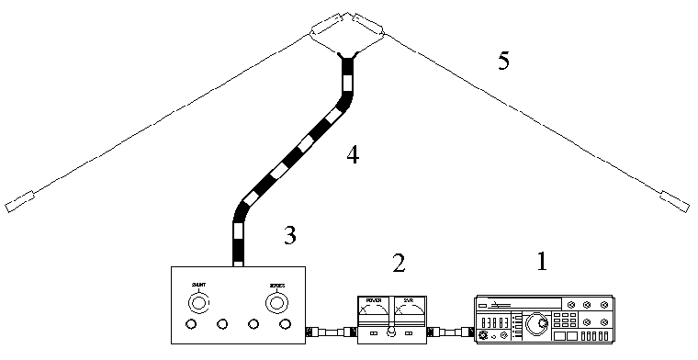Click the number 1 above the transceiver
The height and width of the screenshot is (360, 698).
[x=541, y=263]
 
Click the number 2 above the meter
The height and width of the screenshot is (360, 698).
[x=398, y=264]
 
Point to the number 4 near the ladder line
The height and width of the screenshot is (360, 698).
[x=352, y=155]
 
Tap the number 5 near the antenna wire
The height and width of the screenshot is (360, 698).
[x=503, y=61]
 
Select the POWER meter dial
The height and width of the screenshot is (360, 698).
[x=374, y=313]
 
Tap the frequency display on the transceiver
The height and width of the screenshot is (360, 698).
[x=497, y=323]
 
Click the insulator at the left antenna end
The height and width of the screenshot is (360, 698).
[x=19, y=202]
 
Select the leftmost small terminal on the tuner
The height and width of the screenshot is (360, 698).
[x=191, y=325]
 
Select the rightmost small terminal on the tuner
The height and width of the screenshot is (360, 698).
[x=285, y=325]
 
